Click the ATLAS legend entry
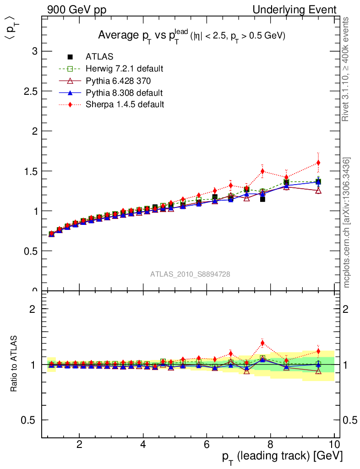tap(99, 57)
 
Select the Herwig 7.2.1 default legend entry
tap(124, 69)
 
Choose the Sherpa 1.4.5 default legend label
tap(125, 104)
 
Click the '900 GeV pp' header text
tap(77, 10)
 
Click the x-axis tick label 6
tap(207, 444)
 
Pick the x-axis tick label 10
tap(334, 444)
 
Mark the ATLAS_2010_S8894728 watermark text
tap(190, 274)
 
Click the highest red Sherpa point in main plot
tap(318, 163)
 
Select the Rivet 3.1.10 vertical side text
tap(347, 69)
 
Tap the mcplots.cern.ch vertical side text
tap(347, 223)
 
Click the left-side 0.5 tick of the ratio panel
tap(30, 420)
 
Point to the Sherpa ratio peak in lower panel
tap(262, 343)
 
